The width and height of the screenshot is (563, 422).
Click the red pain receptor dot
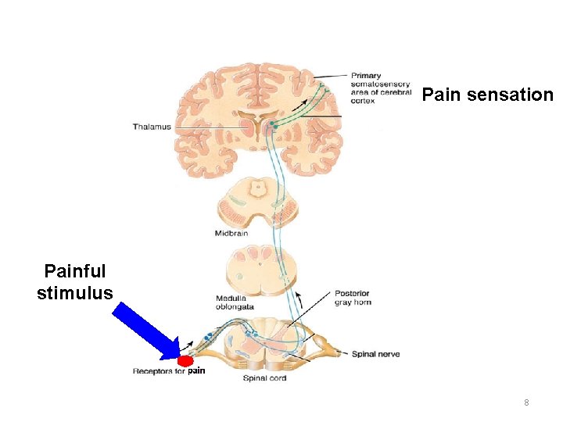(x=185, y=362)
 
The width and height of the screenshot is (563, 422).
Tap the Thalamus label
(x=152, y=127)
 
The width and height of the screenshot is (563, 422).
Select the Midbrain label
(x=231, y=233)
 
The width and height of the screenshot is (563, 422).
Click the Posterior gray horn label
(x=351, y=298)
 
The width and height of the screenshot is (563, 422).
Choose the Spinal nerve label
(x=375, y=354)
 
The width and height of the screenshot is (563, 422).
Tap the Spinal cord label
(x=264, y=378)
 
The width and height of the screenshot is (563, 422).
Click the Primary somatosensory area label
(x=380, y=88)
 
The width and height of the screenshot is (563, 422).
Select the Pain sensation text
(x=487, y=95)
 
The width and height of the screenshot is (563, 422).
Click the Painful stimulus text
(x=75, y=282)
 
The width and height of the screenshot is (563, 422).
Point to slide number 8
(x=526, y=402)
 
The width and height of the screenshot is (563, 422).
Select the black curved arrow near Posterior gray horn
(x=298, y=299)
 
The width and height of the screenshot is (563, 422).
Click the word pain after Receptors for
(x=196, y=370)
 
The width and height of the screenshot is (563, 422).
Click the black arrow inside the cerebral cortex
(x=300, y=104)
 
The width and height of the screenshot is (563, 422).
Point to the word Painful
(x=75, y=271)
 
